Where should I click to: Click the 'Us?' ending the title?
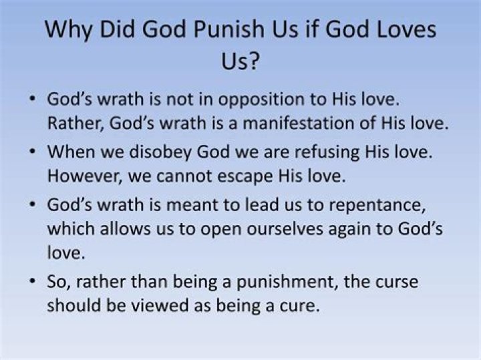tap(240, 65)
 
